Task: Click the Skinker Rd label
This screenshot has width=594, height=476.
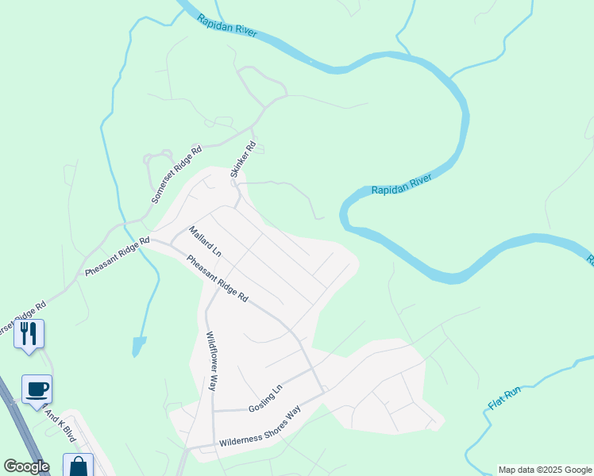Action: [244, 159]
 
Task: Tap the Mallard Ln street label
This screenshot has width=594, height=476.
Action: [204, 242]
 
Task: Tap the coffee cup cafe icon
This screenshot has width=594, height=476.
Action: [37, 388]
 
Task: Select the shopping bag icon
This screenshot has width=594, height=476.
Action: [78, 466]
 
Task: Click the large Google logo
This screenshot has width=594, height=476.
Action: [25, 466]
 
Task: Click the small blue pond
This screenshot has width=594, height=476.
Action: [139, 346]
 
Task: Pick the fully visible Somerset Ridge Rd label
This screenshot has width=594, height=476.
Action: [176, 174]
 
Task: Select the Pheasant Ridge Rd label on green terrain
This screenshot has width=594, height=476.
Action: [117, 256]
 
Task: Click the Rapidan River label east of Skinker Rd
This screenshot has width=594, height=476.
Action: [401, 185]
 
